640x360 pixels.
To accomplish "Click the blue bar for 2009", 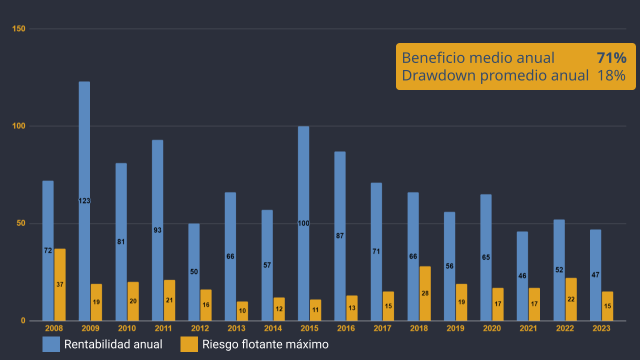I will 84,150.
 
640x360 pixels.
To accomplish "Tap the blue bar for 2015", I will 303,175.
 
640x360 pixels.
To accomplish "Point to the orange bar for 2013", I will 242,311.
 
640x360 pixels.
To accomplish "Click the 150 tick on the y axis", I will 19,29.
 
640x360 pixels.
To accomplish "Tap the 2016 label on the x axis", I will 346,329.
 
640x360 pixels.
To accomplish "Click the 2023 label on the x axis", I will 601,329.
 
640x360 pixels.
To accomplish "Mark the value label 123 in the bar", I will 84,201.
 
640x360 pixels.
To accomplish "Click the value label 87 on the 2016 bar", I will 340,236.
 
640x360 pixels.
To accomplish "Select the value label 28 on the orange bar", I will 425,293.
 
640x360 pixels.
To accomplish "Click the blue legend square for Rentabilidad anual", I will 51,344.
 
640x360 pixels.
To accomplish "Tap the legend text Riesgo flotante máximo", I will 265,344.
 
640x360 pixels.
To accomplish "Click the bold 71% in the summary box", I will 611,58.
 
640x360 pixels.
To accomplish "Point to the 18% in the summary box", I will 611,75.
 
